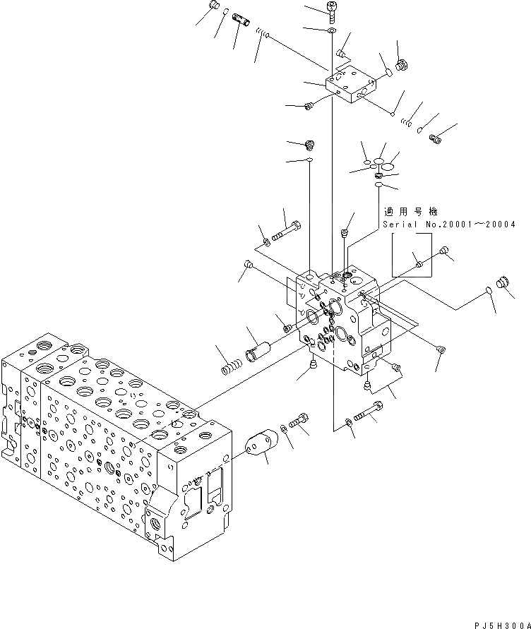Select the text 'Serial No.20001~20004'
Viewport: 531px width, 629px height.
tap(449, 224)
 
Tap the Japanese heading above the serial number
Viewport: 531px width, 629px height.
tap(410, 211)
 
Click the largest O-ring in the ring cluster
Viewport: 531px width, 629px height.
tap(388, 165)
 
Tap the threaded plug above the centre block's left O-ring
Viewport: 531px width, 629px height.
tap(309, 145)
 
